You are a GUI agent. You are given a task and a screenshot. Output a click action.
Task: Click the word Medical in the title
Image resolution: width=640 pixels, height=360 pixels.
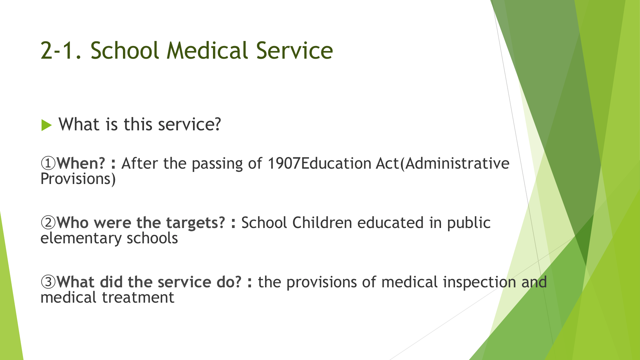(207, 51)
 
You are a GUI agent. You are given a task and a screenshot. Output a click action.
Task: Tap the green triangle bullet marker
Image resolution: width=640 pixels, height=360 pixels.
(47, 125)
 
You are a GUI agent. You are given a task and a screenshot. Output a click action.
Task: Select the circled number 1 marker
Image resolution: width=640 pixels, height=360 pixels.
(48, 163)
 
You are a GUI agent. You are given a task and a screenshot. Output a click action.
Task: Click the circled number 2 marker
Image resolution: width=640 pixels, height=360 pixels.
(48, 223)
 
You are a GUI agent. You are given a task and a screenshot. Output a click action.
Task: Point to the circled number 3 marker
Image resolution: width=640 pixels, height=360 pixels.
(48, 282)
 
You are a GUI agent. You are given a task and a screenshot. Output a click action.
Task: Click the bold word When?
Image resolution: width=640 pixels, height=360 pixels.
(81, 163)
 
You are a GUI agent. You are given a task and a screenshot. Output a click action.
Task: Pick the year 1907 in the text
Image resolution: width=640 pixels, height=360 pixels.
(284, 163)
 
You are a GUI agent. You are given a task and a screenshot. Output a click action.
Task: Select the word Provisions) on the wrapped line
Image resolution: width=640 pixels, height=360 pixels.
(78, 179)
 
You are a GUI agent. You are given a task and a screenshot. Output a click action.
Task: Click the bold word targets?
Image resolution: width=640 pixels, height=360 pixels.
(196, 223)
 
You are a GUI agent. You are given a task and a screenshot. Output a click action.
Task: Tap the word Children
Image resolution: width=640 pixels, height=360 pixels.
(322, 223)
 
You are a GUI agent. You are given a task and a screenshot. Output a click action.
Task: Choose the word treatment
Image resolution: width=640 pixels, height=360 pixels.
(138, 297)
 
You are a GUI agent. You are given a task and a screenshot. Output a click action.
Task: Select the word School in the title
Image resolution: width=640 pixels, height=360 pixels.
(124, 51)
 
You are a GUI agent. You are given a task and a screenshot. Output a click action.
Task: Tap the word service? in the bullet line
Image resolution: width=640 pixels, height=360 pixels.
(189, 124)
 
